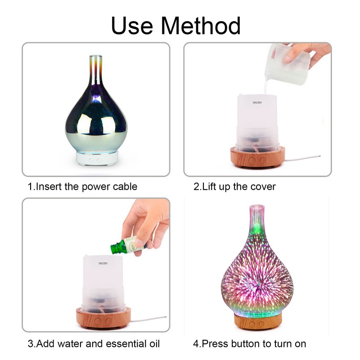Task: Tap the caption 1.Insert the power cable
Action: click(82, 186)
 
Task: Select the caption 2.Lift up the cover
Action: click(234, 186)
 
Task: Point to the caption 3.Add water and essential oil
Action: click(94, 344)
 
